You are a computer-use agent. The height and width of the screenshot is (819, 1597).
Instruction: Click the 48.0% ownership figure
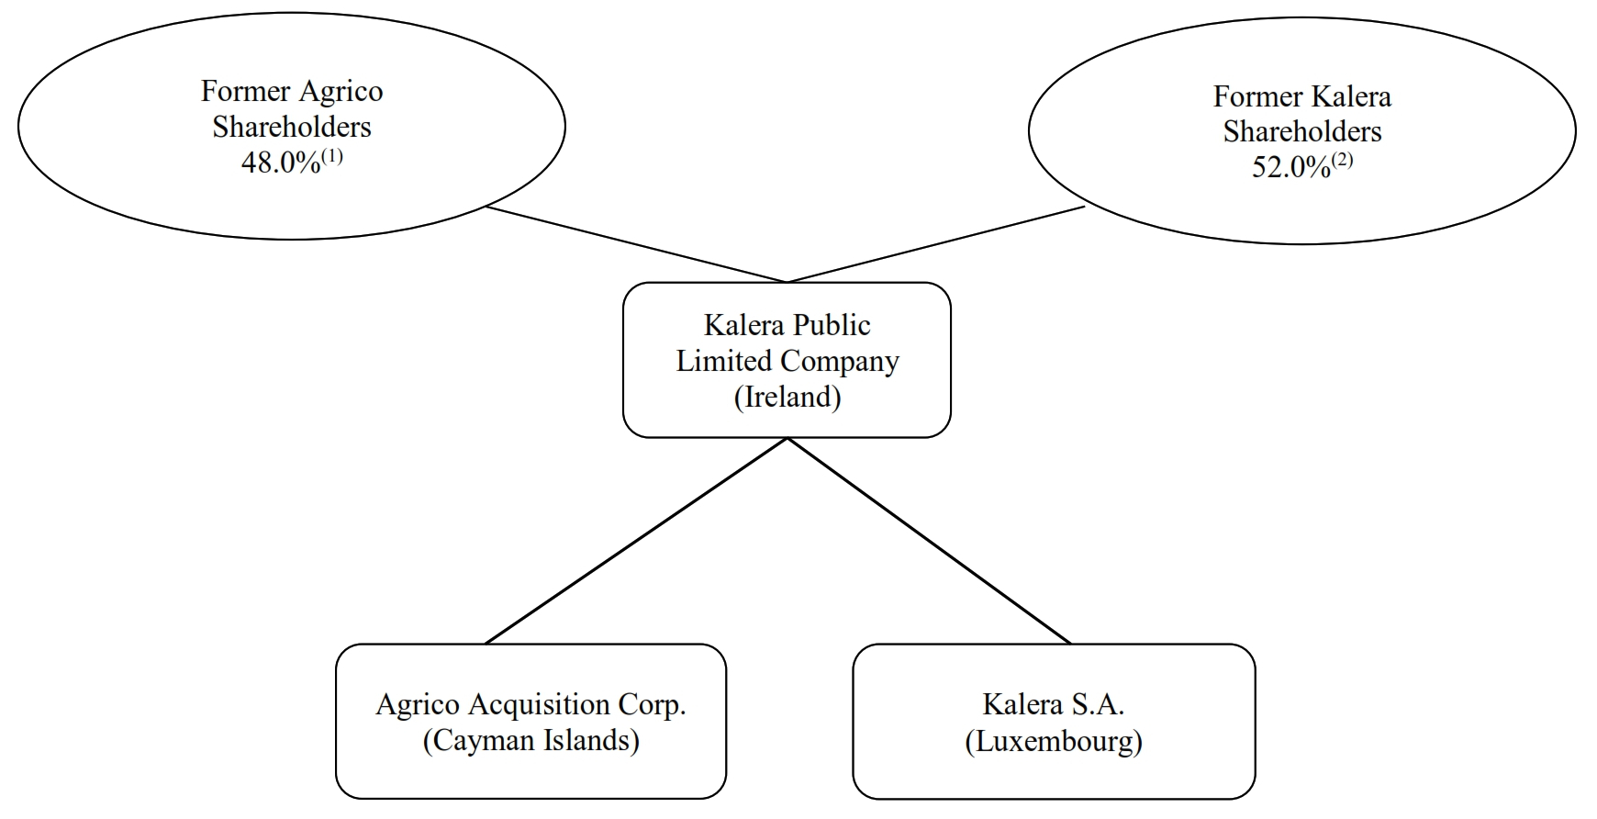[x=280, y=163]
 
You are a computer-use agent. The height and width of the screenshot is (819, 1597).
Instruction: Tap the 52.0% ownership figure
[x=1290, y=168]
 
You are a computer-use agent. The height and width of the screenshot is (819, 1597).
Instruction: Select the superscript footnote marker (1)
[x=332, y=156]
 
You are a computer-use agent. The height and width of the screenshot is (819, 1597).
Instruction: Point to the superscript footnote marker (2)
[x=1343, y=161]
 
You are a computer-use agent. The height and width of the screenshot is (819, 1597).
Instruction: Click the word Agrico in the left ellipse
[x=340, y=91]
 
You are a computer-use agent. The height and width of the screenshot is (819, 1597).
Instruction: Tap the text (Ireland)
[x=787, y=397]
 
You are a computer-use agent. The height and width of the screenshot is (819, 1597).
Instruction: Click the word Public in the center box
[x=831, y=325]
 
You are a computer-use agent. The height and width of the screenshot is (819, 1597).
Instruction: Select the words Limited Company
[x=787, y=361]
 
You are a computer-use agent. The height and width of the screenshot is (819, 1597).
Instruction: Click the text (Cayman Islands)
[x=530, y=740]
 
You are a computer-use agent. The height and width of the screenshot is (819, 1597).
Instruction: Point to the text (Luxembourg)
[x=1054, y=740]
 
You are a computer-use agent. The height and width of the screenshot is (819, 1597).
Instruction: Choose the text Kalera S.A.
[x=1054, y=704]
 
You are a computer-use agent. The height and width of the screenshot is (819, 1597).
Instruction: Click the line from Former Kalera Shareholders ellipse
[x=936, y=244]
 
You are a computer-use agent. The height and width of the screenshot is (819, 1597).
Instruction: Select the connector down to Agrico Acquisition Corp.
[x=635, y=542]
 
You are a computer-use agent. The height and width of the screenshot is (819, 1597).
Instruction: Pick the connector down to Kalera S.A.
[x=929, y=542]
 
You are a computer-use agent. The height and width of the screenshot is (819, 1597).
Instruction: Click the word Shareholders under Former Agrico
[x=292, y=127]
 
